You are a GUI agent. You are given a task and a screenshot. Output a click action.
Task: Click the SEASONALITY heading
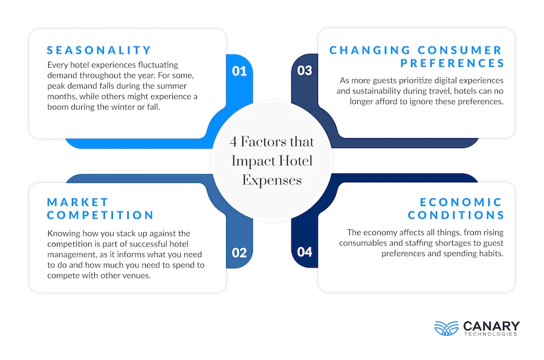click(x=99, y=50)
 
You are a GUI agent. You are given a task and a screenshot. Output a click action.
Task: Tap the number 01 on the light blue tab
click(x=239, y=71)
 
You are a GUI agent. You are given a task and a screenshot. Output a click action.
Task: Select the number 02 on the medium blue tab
click(x=239, y=252)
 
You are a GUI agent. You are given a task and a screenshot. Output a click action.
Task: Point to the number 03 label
click(x=305, y=71)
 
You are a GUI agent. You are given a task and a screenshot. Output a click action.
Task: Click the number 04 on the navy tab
click(x=305, y=252)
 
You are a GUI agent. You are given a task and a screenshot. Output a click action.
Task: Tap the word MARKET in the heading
click(x=78, y=202)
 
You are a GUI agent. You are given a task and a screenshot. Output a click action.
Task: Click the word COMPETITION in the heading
click(x=100, y=215)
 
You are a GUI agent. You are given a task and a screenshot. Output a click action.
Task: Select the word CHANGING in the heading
click(x=370, y=50)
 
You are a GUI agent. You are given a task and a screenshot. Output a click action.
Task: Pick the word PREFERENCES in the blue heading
click(x=452, y=63)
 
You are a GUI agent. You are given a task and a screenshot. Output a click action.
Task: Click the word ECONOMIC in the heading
click(x=461, y=202)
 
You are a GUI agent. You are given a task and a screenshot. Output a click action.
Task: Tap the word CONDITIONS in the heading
click(x=456, y=215)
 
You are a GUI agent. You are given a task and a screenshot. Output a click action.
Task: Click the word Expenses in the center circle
click(x=272, y=181)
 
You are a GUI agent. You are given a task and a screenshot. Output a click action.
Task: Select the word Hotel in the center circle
click(x=296, y=161)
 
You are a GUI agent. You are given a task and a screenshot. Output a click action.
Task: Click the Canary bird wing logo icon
click(x=447, y=328)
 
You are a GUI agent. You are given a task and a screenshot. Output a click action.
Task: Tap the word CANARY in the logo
click(x=491, y=326)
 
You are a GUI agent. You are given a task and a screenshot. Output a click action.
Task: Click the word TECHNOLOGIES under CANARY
click(x=491, y=334)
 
